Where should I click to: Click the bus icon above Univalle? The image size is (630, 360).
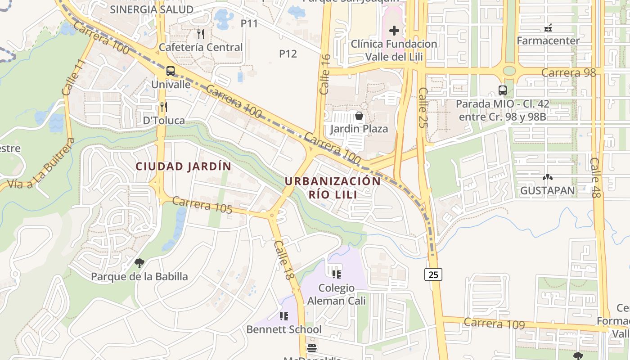point(171,71)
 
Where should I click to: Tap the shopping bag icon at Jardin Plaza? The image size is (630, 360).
point(359,116)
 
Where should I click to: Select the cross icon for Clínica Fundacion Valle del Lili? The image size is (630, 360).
point(394,31)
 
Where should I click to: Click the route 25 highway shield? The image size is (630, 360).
point(433,274)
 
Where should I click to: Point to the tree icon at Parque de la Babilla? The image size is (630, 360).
point(139,263)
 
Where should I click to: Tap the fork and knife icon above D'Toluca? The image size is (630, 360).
point(164,107)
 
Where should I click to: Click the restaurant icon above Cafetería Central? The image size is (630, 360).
point(201,34)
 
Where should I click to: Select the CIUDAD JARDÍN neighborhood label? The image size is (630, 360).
point(184,166)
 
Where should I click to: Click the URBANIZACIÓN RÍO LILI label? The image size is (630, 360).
point(333,188)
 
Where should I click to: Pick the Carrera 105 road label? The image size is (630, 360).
point(202,205)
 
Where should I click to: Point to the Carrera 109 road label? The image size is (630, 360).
point(494,323)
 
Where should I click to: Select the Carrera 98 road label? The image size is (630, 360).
point(568,72)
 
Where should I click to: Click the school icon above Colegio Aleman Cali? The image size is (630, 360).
point(336,274)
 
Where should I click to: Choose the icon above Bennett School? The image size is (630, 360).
point(283,316)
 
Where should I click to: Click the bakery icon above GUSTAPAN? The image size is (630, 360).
point(547,178)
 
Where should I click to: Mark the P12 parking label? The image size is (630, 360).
point(288,54)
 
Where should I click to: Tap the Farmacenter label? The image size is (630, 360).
point(548,40)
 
